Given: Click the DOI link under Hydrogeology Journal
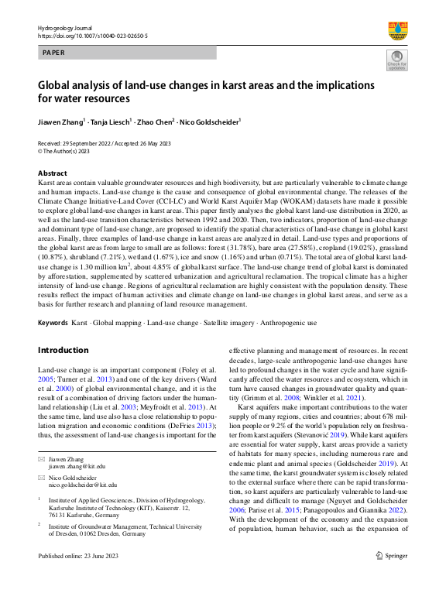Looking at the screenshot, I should [93, 36].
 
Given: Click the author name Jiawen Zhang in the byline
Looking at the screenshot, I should [63, 122].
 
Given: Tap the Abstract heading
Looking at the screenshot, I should [53, 173].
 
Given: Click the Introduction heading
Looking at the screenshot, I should [63, 350].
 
